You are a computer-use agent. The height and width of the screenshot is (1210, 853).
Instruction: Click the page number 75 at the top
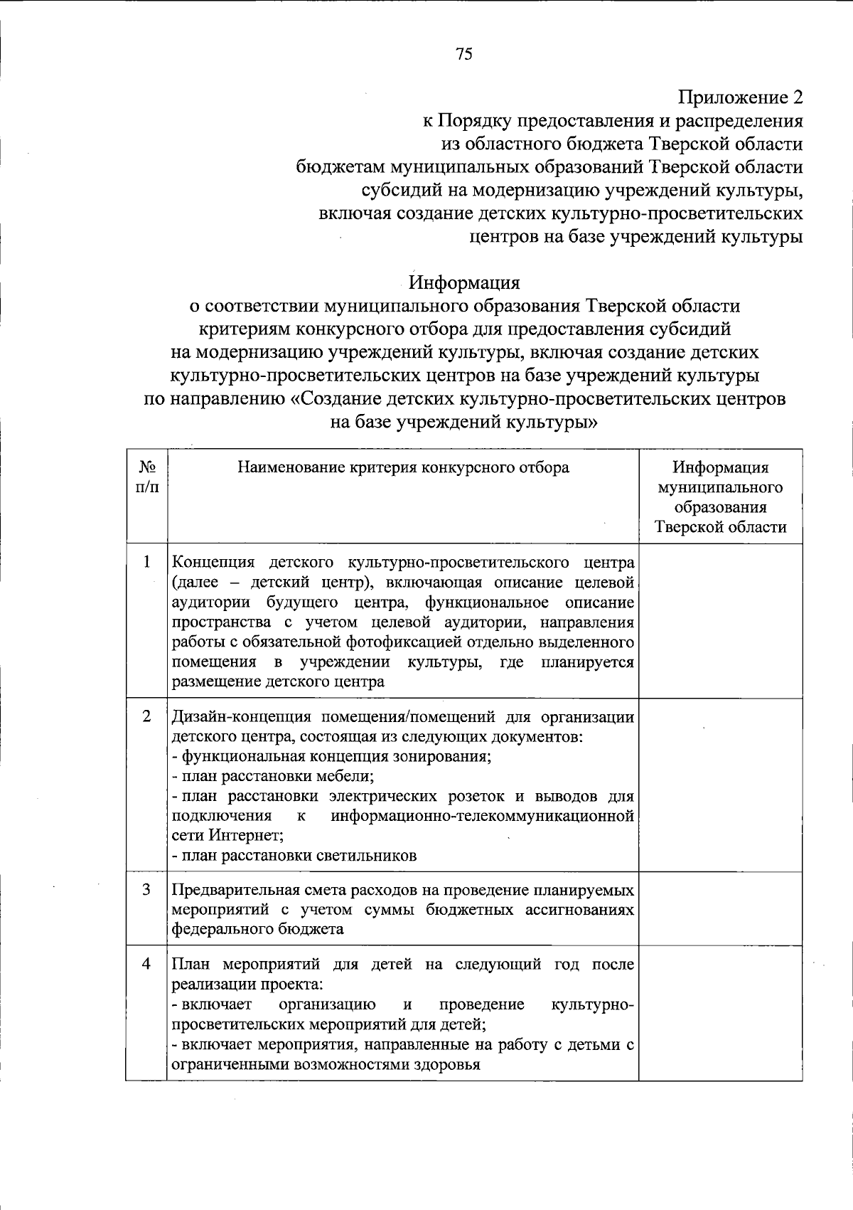tap(463, 55)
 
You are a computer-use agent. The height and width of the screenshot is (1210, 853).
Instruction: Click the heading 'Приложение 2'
tap(740, 97)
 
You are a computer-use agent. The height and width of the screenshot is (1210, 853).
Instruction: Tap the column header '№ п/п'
tap(146, 477)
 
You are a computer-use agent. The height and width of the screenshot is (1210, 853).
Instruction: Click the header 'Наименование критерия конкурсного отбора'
tap(403, 467)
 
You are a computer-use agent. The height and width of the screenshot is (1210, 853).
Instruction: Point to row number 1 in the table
tap(146, 562)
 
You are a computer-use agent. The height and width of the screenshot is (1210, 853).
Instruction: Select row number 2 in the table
tap(146, 716)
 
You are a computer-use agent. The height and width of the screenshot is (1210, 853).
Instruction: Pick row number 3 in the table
tap(146, 890)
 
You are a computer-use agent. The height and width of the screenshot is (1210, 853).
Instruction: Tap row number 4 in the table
tap(146, 965)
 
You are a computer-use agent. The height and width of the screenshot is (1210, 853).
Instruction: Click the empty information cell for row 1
tap(720, 620)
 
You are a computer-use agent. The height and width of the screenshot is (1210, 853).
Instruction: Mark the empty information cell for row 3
tap(720, 908)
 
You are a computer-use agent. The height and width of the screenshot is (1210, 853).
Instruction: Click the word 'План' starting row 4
tap(192, 965)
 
